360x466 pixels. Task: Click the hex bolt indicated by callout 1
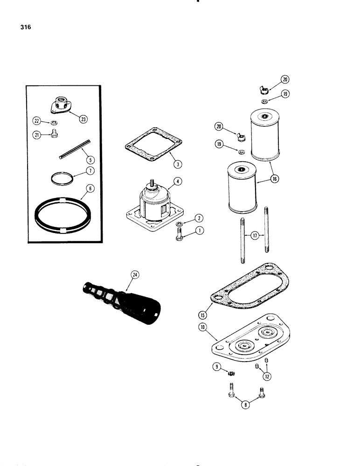180,235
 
